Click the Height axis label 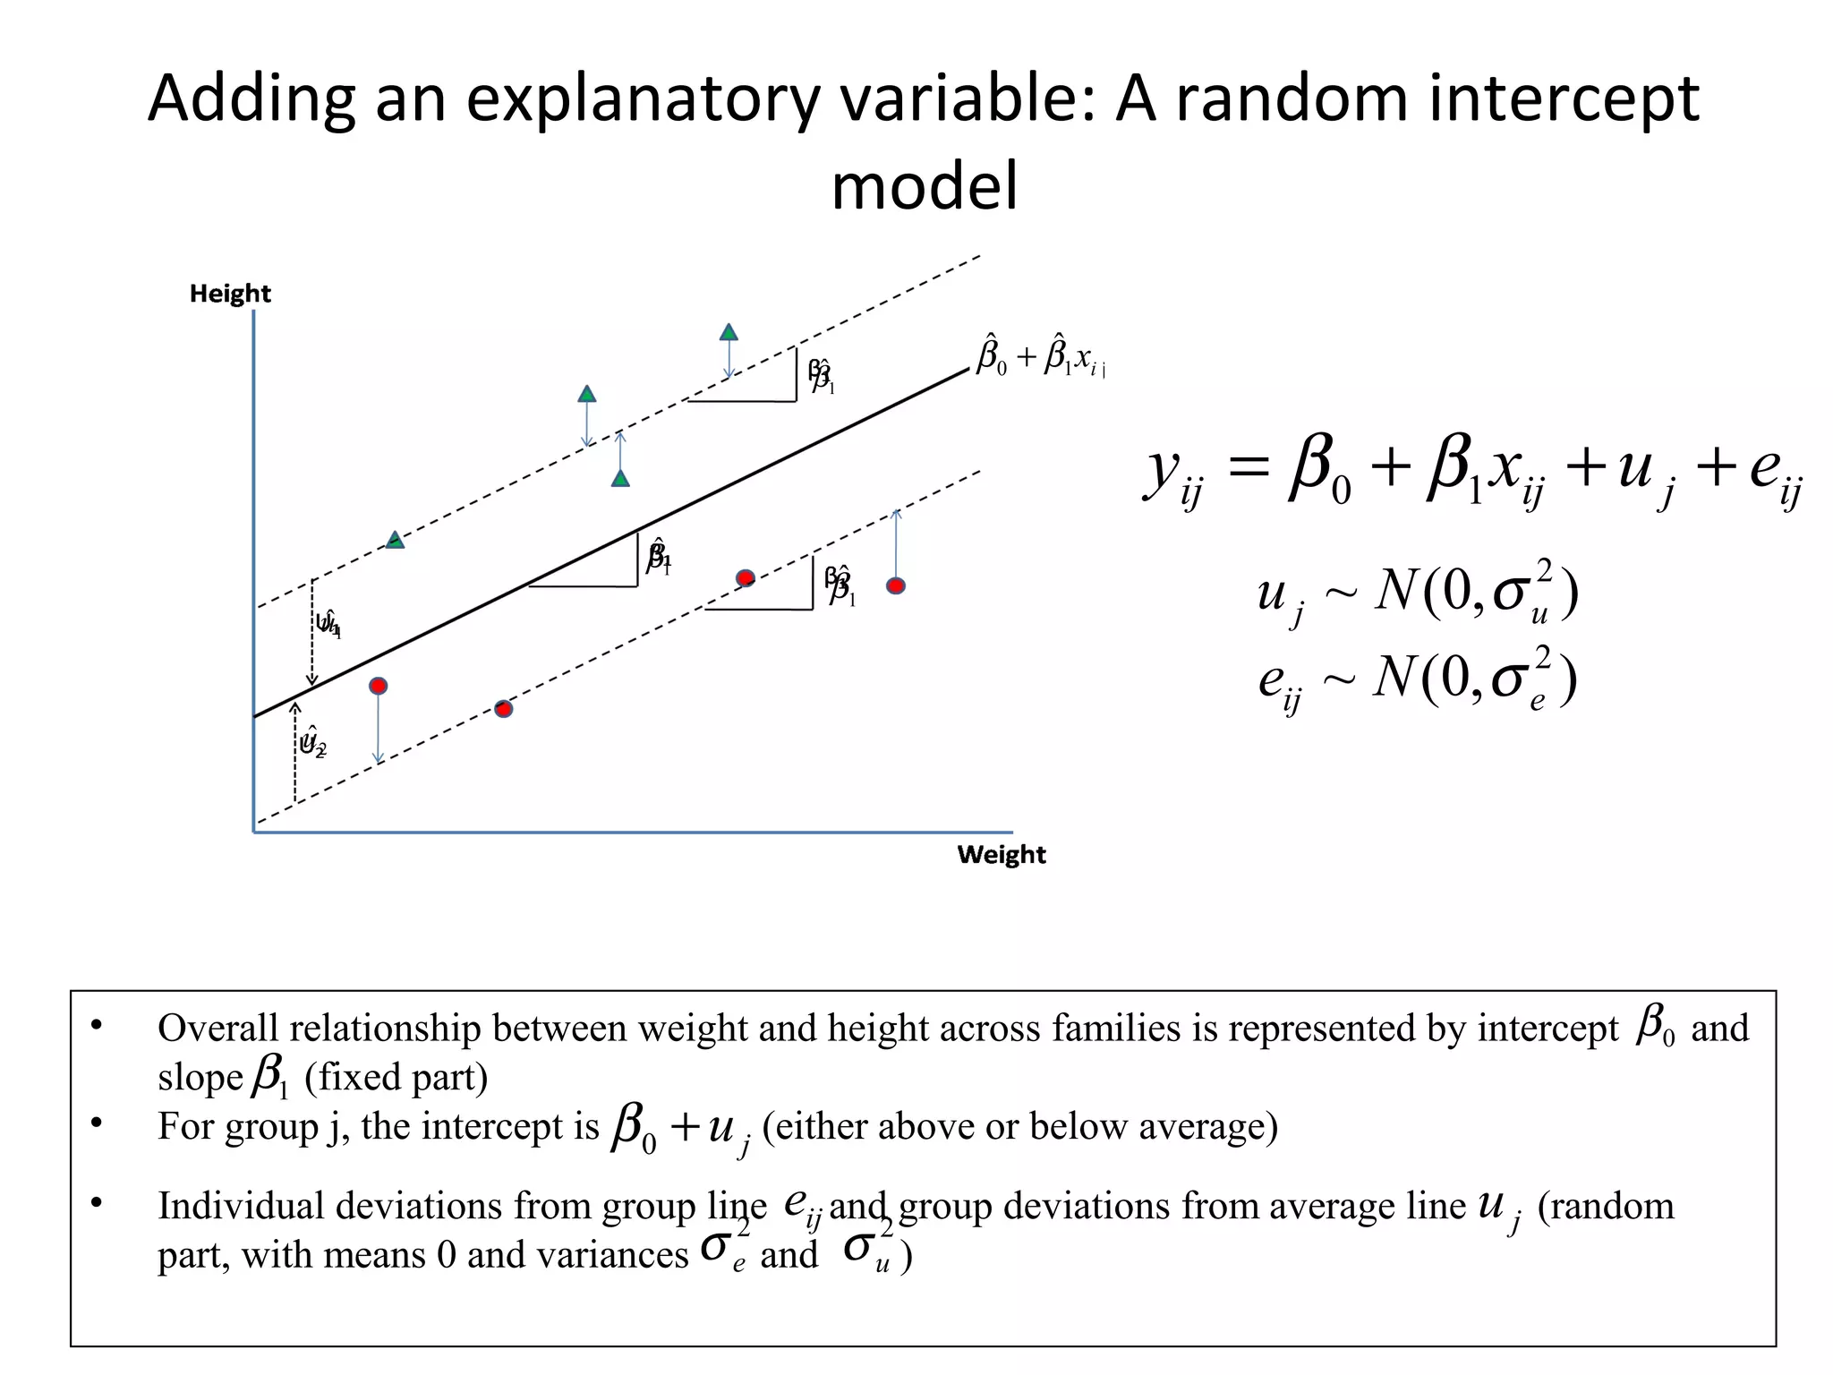pos(230,294)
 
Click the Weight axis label pos(1001,854)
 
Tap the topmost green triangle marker pos(729,333)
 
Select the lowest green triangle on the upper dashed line pos(395,540)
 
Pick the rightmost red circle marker pos(896,585)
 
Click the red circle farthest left pos(379,686)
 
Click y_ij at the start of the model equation pos(1173,474)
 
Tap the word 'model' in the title pos(925,186)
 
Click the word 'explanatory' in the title pos(642,98)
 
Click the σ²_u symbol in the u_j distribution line pos(1522,594)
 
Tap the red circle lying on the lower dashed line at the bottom pos(504,709)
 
